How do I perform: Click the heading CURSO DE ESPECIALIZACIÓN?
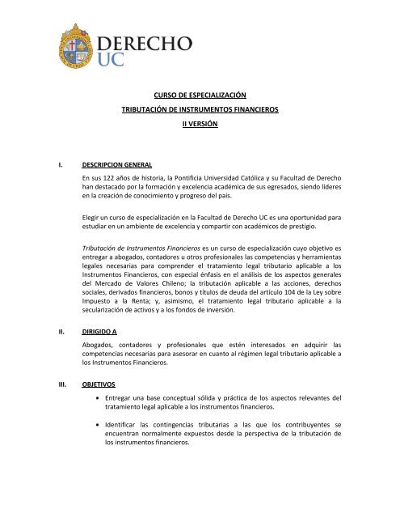pos(199,95)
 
